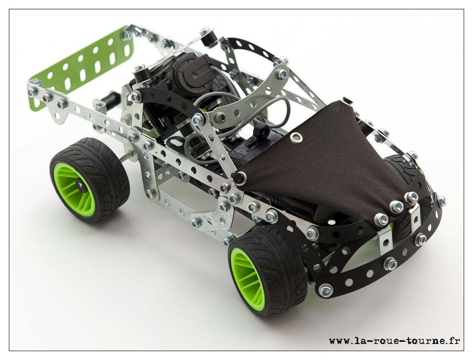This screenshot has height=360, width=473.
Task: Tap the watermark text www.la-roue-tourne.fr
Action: click(394, 340)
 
